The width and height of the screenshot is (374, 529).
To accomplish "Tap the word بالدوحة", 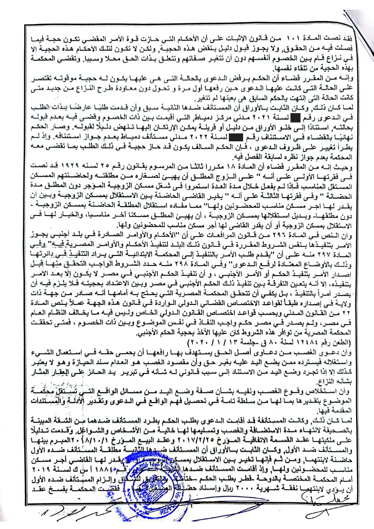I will (x=275, y=480).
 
